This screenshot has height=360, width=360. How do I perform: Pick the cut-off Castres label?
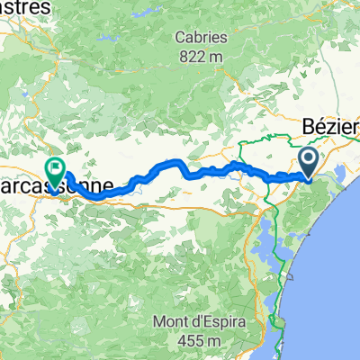[27, 7]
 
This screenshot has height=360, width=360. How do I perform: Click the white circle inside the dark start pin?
[308, 160]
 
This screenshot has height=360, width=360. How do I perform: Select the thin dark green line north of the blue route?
[252, 142]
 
